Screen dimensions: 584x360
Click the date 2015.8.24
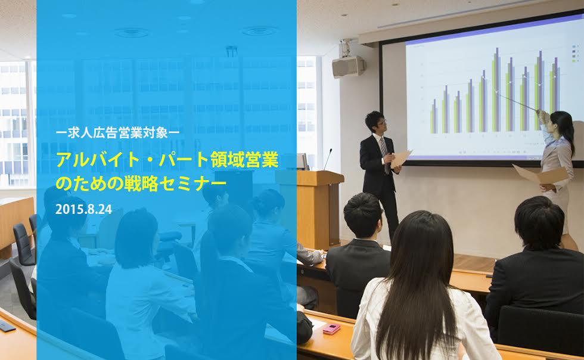pyautogui.click(x=83, y=209)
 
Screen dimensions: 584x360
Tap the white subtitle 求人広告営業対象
pyautogui.click(x=117, y=133)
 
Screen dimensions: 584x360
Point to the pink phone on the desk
pyautogui.click(x=331, y=328)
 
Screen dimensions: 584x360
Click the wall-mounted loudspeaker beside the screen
pyautogui.click(x=349, y=66)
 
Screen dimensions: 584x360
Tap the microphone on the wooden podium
pyautogui.click(x=327, y=159)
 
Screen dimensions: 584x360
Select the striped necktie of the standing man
pyautogui.click(x=384, y=154)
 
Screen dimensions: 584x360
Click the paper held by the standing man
pyautogui.click(x=400, y=159)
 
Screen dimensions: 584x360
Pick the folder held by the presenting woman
pyautogui.click(x=541, y=174)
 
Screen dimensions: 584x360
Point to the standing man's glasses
pyautogui.click(x=382, y=122)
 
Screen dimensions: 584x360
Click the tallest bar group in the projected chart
pyautogui.click(x=496, y=89)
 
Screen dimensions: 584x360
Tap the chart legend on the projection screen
pyautogui.click(x=574, y=53)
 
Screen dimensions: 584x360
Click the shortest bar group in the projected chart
pyautogui.click(x=434, y=116)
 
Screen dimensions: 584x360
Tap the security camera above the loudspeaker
pyautogui.click(x=346, y=46)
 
